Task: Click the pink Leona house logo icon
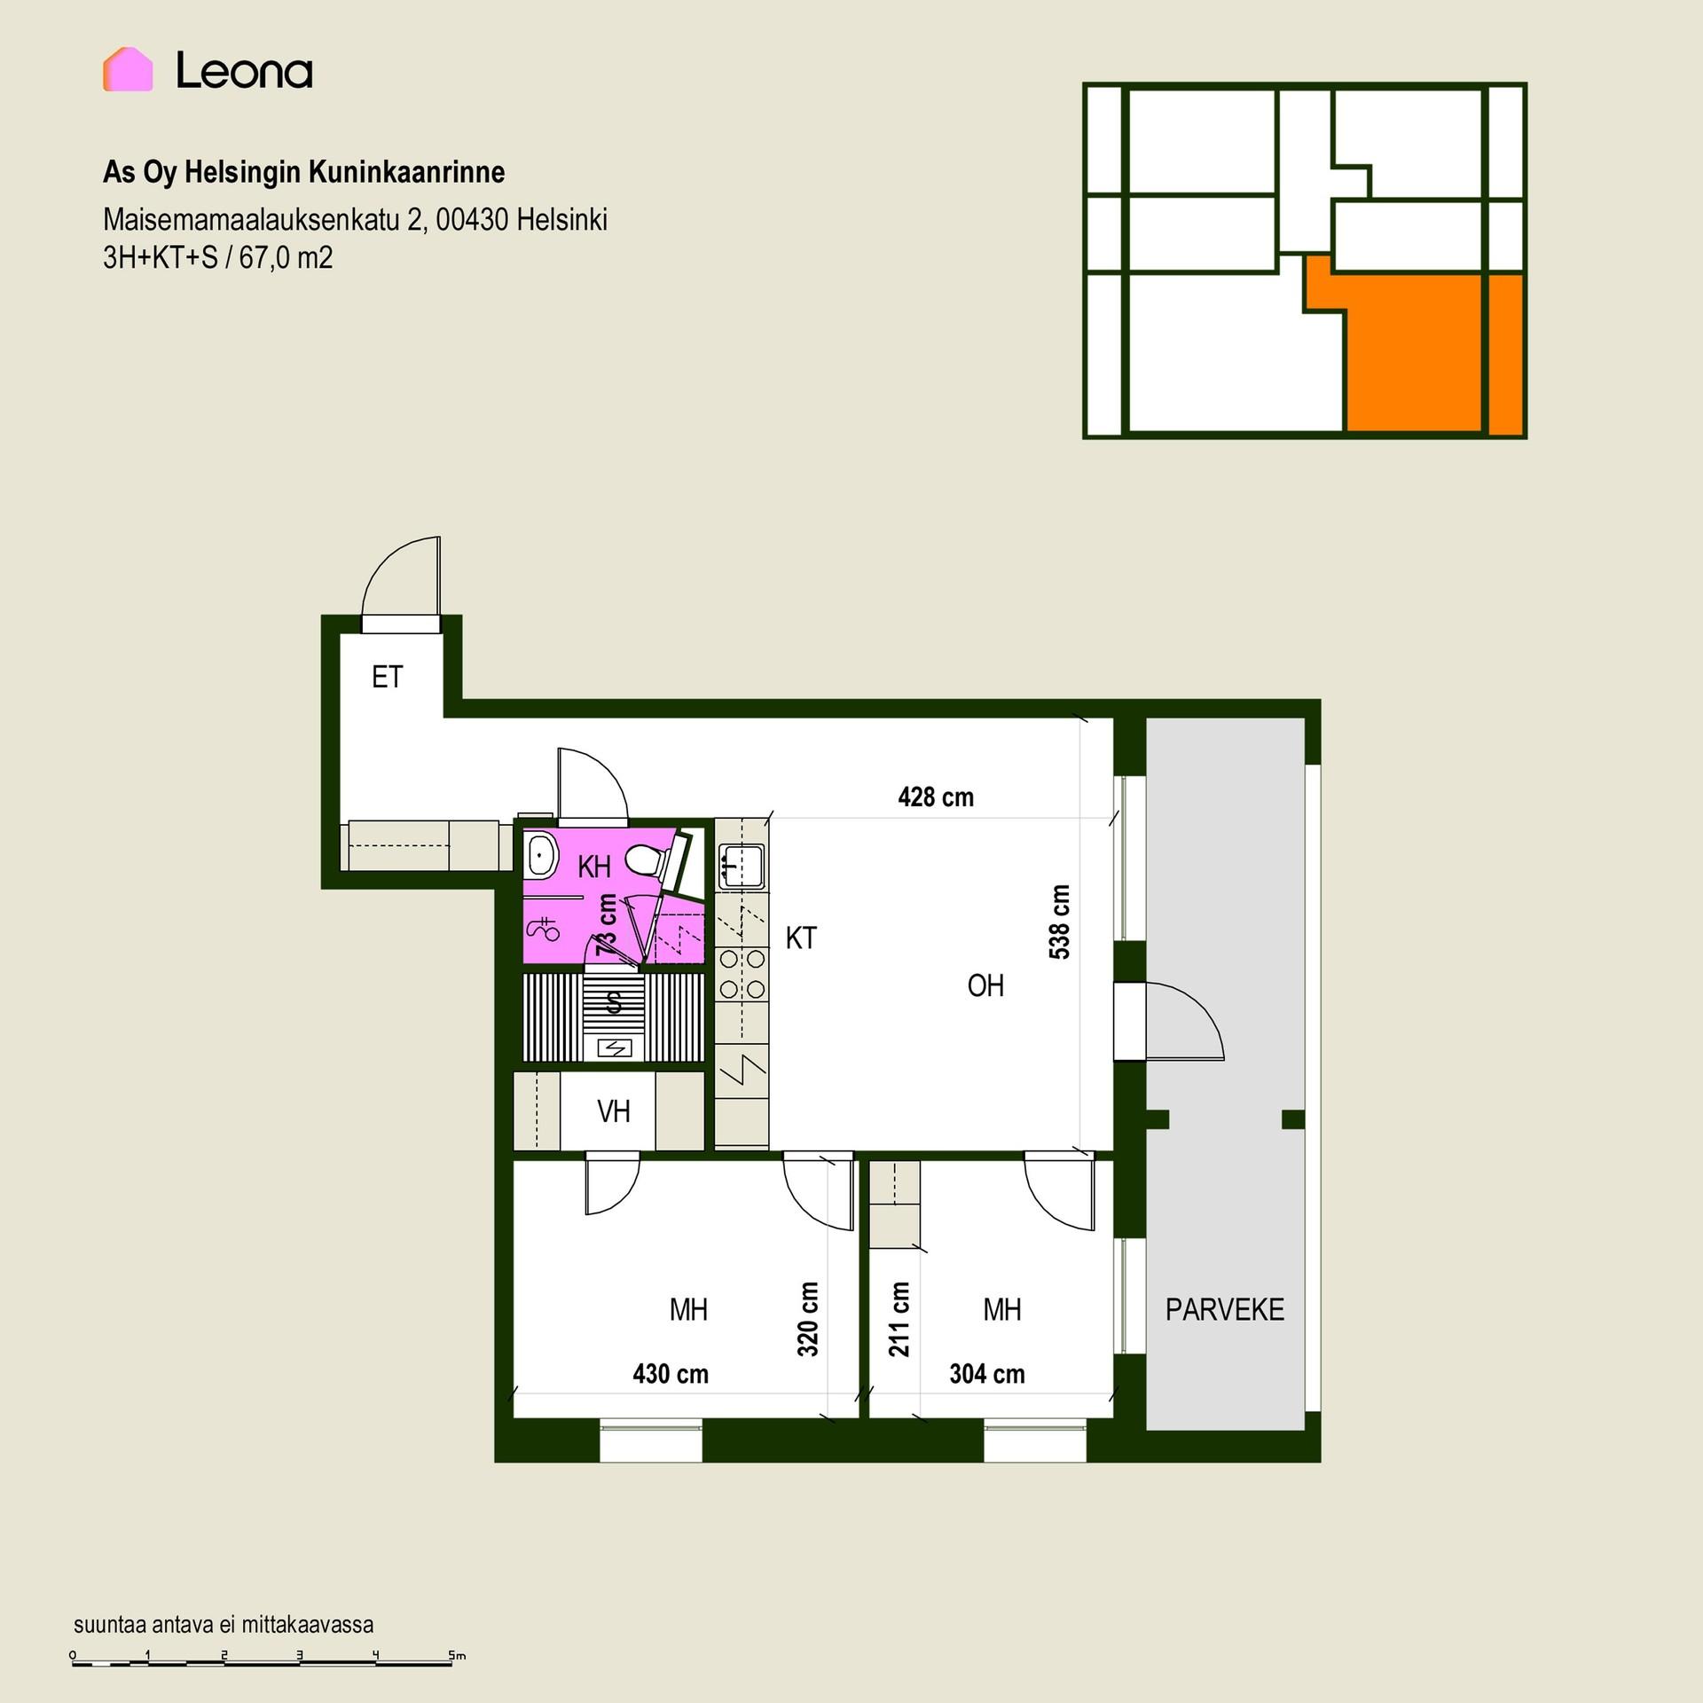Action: tap(128, 69)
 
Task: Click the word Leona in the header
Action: tap(244, 70)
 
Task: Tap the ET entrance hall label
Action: tap(388, 677)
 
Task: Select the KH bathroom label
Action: tap(594, 867)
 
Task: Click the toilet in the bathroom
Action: tap(645, 859)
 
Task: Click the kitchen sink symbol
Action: tap(742, 866)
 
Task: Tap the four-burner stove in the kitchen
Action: tap(742, 973)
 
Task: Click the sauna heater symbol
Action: tap(616, 1048)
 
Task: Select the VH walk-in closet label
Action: tap(614, 1111)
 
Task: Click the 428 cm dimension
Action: tap(936, 797)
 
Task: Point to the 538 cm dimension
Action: tap(1060, 922)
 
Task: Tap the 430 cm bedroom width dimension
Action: tap(671, 1374)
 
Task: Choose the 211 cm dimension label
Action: tap(899, 1319)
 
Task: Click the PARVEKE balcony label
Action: tap(1225, 1309)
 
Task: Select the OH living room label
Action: tap(985, 985)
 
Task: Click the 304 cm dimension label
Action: tap(987, 1374)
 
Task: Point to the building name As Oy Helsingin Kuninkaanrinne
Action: tap(304, 172)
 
